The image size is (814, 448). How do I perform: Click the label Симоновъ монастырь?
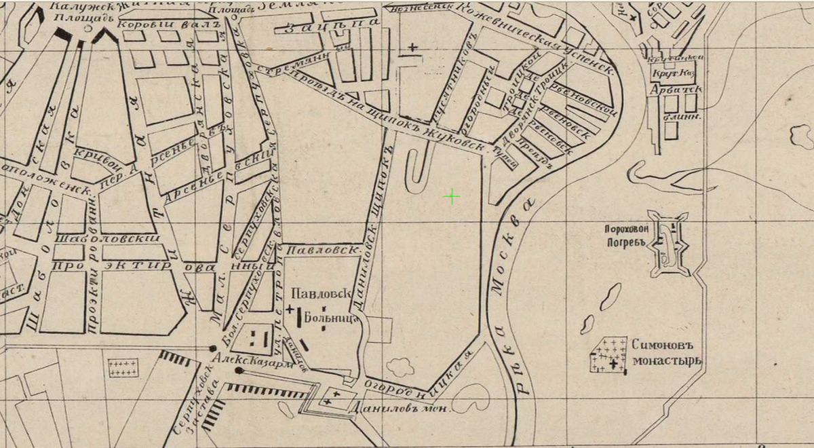tap(666, 352)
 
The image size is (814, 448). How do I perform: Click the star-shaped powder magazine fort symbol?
tap(669, 244)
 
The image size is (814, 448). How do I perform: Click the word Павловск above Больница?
tap(320, 295)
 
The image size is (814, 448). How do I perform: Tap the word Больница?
tap(331, 317)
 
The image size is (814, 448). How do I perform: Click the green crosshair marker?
tap(452, 197)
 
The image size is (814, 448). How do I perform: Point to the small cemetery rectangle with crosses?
tap(123, 369)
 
